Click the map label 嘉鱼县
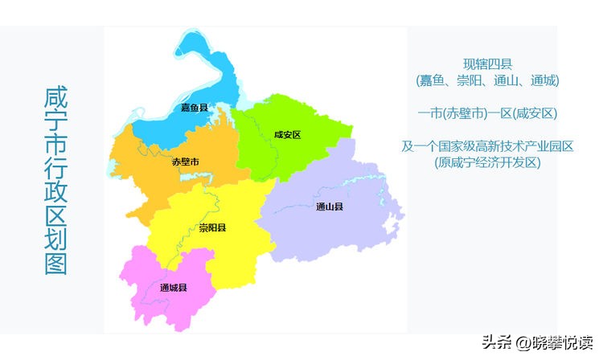(195, 108)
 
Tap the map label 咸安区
(287, 134)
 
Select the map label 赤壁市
(186, 162)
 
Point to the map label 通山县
(330, 207)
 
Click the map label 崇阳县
(213, 227)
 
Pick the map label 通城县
(174, 288)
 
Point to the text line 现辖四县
(488, 63)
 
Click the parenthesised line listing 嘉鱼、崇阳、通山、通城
(487, 80)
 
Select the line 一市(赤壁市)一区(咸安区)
(488, 113)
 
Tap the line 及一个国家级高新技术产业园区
(488, 146)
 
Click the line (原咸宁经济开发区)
(488, 162)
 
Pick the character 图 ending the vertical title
(55, 264)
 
